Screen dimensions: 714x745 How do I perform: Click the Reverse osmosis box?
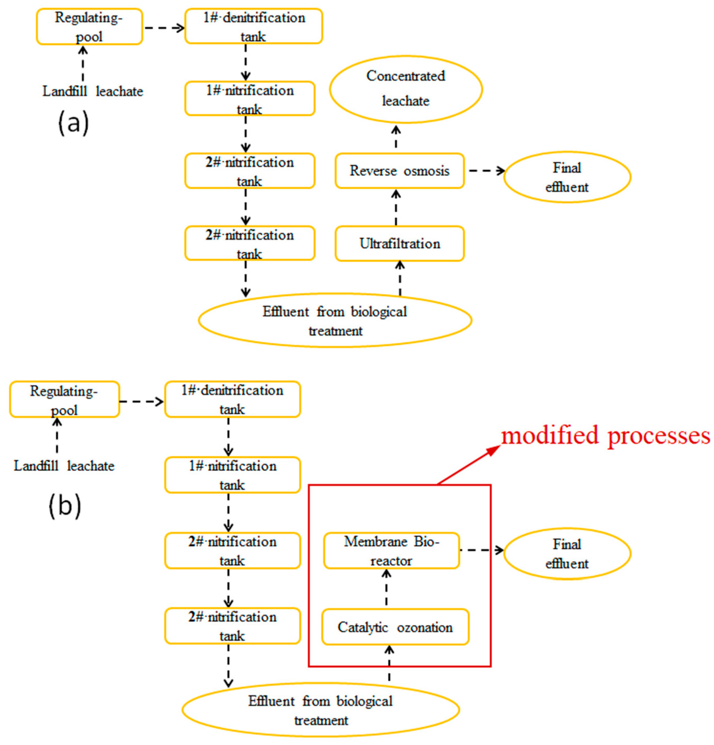point(399,171)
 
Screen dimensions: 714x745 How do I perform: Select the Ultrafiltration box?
point(399,244)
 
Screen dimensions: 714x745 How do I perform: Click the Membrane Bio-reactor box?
point(391,551)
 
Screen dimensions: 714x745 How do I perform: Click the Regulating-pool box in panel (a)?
point(89,27)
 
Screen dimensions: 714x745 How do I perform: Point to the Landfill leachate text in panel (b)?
point(64,466)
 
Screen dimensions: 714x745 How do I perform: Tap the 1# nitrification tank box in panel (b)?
point(232,475)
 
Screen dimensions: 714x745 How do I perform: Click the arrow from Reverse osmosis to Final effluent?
point(487,171)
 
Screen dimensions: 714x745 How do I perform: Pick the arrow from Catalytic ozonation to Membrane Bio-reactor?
point(386,589)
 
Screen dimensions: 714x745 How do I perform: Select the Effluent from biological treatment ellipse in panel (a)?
point(335,320)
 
